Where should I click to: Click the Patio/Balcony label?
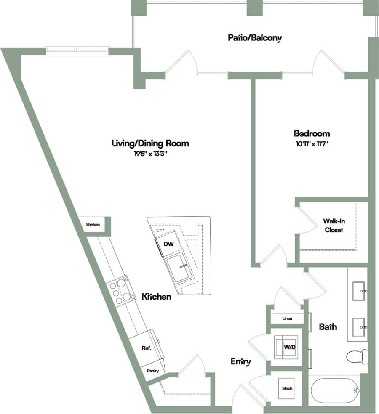point(254,38)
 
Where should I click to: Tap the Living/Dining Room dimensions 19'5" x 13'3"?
point(150,154)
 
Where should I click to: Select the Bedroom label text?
point(312,134)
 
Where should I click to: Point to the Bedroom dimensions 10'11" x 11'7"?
point(312,144)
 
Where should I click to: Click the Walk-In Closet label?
point(333,225)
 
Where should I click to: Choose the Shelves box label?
point(93,224)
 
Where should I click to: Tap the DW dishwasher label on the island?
point(168,244)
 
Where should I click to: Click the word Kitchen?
point(156,297)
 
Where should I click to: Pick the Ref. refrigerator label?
point(146,348)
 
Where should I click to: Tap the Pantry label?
point(152,371)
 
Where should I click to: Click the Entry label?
point(241,361)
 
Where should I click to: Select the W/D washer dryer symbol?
point(286,347)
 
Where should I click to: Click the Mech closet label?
point(287,388)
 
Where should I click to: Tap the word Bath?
point(327,326)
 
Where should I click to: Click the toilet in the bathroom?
point(356,357)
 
